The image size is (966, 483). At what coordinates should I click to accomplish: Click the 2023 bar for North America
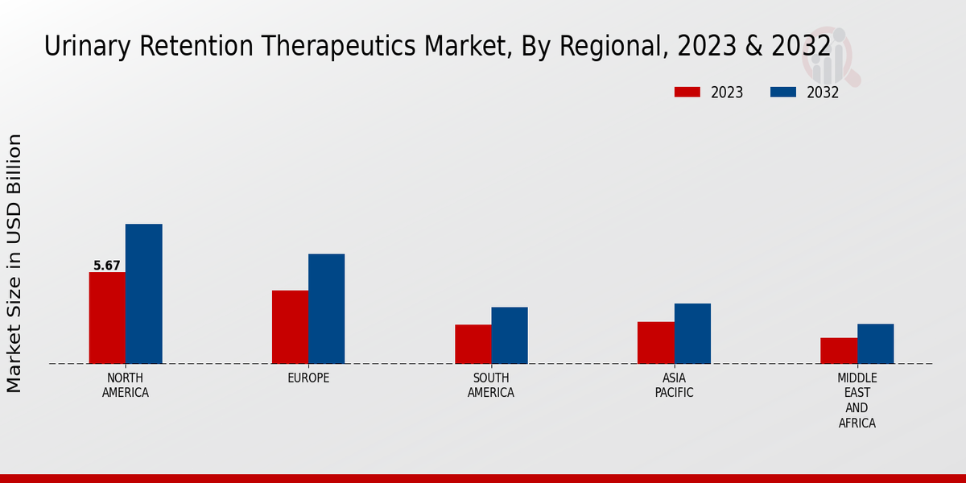pos(107,318)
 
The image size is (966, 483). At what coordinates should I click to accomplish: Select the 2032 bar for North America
pos(143,294)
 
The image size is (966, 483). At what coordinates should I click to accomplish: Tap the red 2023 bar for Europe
pos(290,327)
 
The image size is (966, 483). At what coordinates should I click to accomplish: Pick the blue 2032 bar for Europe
pos(326,308)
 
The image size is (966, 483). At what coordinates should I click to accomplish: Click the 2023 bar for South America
pos(473,344)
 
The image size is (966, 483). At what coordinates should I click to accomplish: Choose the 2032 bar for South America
pos(510,335)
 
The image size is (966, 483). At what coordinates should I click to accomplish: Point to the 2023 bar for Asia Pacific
pos(655,342)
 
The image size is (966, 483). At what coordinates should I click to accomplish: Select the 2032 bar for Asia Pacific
pos(692,333)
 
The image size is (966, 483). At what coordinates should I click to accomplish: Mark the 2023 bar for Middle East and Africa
pos(839,350)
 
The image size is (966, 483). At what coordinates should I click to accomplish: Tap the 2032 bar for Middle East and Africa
pos(875,344)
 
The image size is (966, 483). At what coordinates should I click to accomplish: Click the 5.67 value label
pos(107,266)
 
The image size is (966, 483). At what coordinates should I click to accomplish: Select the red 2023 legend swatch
pos(687,93)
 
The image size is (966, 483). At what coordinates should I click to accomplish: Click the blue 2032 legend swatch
pos(783,93)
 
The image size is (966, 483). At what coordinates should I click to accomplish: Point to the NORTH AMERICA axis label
pos(126,386)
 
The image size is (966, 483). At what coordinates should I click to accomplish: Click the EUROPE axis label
pos(308,378)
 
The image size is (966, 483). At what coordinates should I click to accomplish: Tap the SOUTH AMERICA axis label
pos(491,386)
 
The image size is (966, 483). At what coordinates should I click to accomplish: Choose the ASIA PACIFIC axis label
pos(674,386)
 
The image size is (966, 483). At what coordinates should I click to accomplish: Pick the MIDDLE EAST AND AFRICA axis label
pos(857,400)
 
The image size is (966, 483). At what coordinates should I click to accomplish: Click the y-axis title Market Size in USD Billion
pos(14,263)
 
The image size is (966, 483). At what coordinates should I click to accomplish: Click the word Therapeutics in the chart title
pos(320,47)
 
